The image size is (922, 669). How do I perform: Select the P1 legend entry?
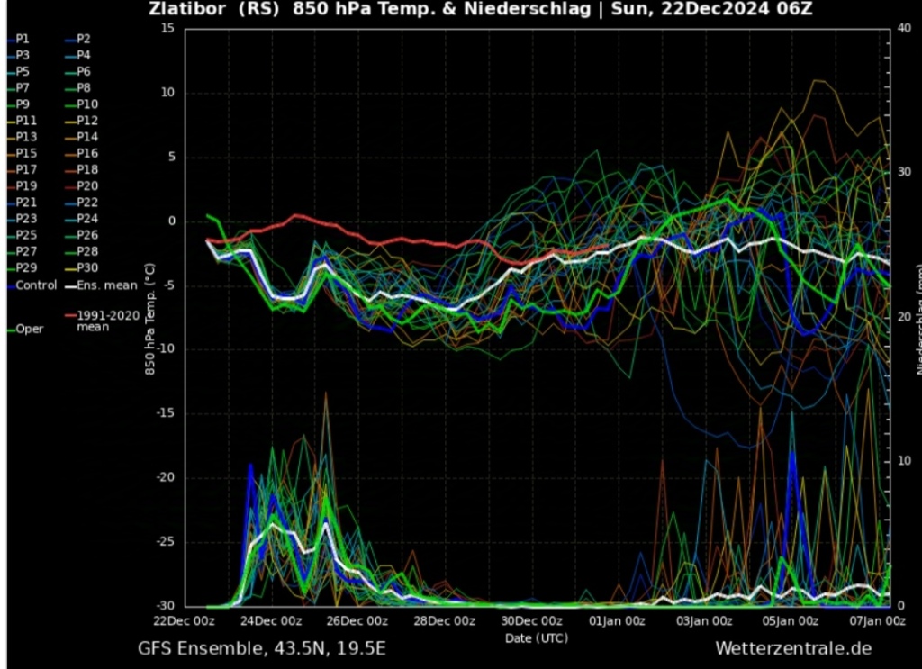pyautogui.click(x=23, y=39)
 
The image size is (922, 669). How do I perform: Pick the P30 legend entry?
pyautogui.click(x=86, y=267)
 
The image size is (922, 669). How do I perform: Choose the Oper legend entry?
pyautogui.click(x=29, y=329)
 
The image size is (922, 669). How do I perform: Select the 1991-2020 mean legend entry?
pyautogui.click(x=107, y=321)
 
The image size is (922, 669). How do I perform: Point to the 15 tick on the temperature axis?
pyautogui.click(x=167, y=28)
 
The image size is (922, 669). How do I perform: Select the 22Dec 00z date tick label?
pyautogui.click(x=185, y=621)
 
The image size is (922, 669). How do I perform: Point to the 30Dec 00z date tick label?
pyautogui.click(x=531, y=621)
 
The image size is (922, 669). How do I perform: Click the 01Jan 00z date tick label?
pyautogui.click(x=617, y=621)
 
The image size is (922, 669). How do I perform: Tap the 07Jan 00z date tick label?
pyautogui.click(x=877, y=621)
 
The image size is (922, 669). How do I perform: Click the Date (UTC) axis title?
pyautogui.click(x=536, y=637)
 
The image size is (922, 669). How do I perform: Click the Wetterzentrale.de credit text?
pyautogui.click(x=793, y=648)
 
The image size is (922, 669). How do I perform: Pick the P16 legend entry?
pyautogui.click(x=86, y=153)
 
